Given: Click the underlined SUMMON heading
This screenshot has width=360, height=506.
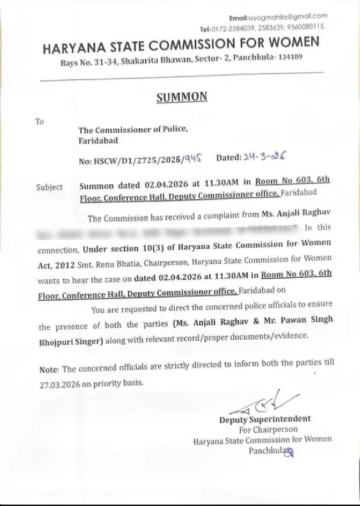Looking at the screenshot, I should point(181,97).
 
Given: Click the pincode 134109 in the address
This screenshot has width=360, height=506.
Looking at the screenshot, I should point(289,58).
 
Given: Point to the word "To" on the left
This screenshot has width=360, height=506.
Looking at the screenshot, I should point(40,121).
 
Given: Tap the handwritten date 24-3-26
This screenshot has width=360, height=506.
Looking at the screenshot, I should point(263,158).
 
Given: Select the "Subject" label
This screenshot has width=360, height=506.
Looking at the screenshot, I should point(49,187).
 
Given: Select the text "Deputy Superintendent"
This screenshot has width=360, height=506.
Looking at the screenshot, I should point(265,418).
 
